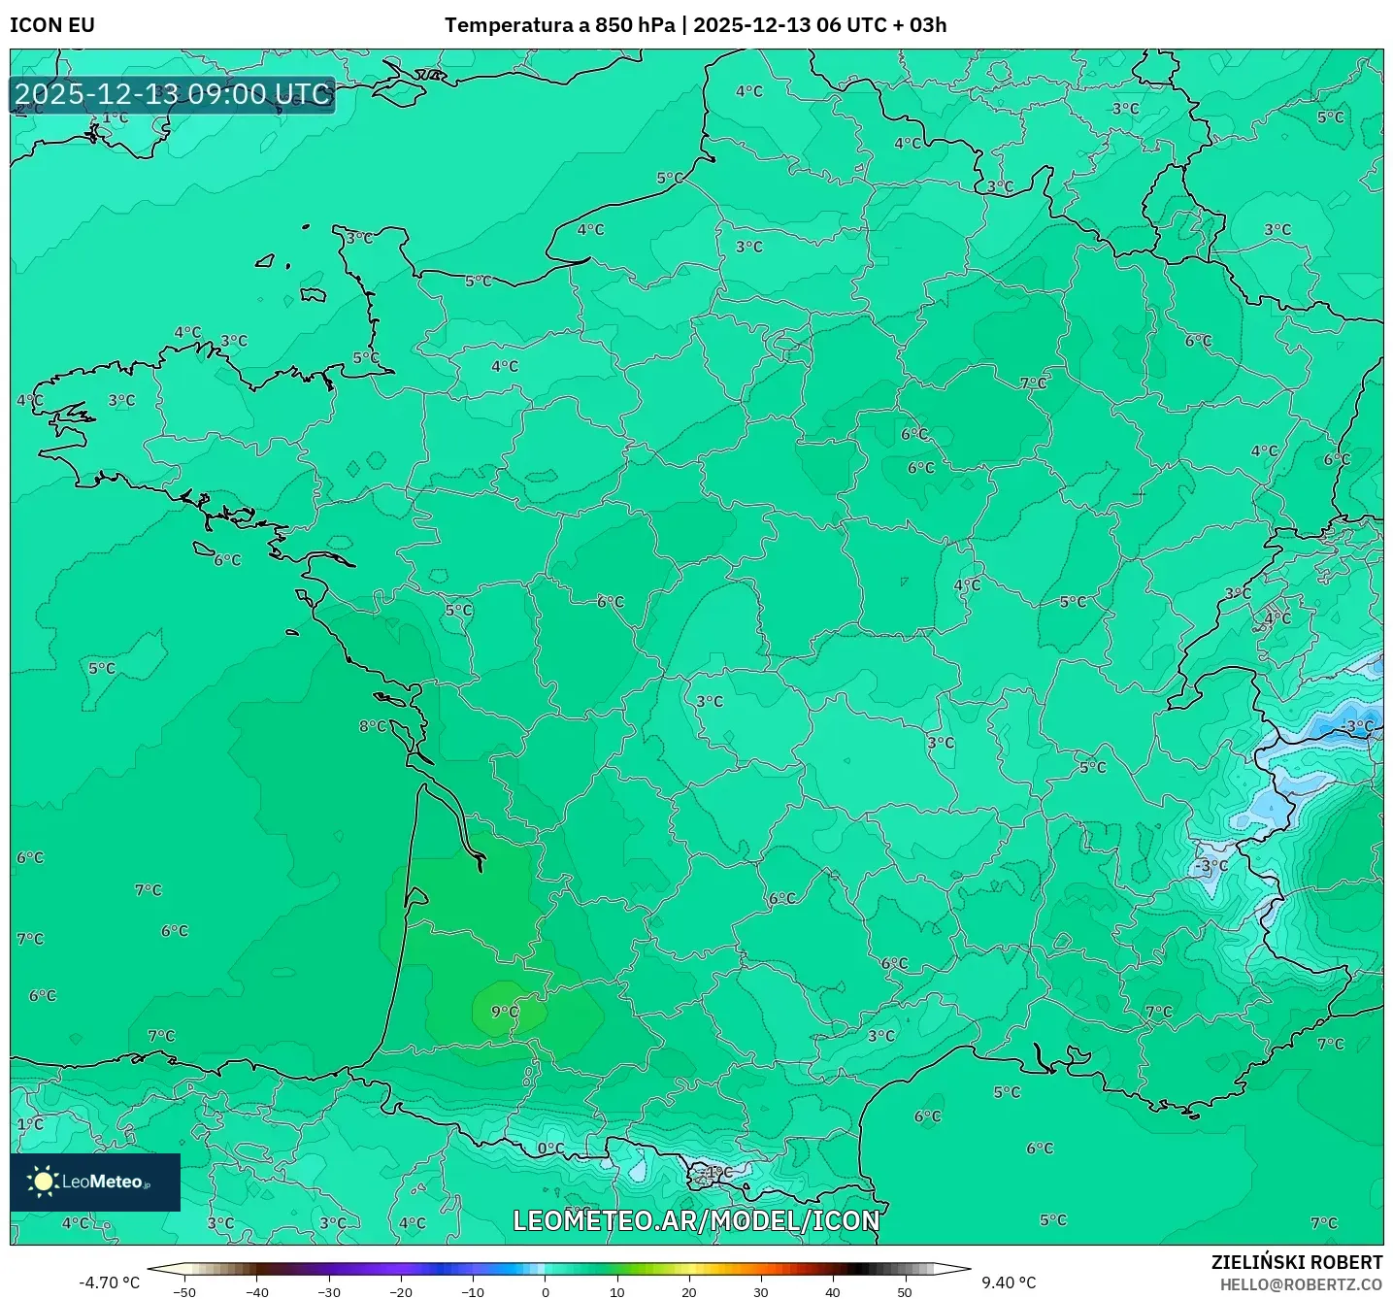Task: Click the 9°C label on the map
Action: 505,1012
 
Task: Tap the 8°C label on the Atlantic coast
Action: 372,726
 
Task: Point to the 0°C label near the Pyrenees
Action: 550,1149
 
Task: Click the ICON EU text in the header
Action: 52,25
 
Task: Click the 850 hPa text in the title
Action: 635,25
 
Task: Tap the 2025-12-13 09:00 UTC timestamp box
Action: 173,94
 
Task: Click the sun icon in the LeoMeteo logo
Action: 43,1181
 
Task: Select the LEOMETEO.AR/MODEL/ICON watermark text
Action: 696,1220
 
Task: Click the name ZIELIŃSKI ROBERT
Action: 1297,1262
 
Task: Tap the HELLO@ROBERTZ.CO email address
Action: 1301,1284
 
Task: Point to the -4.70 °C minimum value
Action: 109,1282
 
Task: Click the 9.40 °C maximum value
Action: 1009,1282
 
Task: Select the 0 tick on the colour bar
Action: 546,1292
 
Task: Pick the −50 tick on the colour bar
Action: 183,1292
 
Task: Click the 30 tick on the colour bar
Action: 760,1292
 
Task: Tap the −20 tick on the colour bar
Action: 400,1292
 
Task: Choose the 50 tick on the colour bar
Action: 905,1292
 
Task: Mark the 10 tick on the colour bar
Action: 617,1292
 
